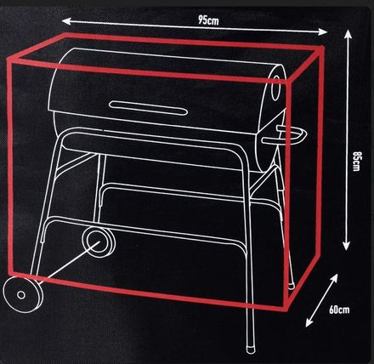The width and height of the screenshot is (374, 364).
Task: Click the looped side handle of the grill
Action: click(x=294, y=134)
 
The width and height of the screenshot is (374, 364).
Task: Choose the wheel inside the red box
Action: click(x=100, y=241)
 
